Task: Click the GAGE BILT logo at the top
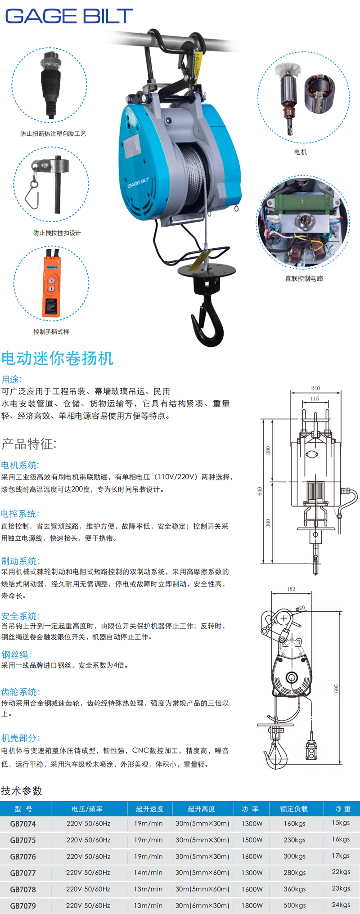pyautogui.click(x=69, y=16)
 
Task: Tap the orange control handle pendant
pyautogui.click(x=51, y=283)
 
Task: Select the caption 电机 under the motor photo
pyautogui.click(x=300, y=152)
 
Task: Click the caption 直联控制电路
pyautogui.click(x=304, y=278)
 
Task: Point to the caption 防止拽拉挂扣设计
pyautogui.click(x=57, y=233)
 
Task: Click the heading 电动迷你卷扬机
pyautogui.click(x=57, y=358)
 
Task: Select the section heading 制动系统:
pyautogui.click(x=20, y=561)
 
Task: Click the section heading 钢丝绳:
pyautogui.click(x=16, y=654)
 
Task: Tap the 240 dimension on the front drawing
pyautogui.click(x=315, y=388)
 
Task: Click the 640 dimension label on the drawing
pyautogui.click(x=259, y=491)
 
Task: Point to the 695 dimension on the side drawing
pyautogui.click(x=336, y=689)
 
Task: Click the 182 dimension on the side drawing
pyautogui.click(x=291, y=589)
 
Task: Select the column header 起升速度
pyautogui.click(x=149, y=809)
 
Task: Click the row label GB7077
pyautogui.click(x=23, y=873)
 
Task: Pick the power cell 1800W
pyautogui.click(x=252, y=905)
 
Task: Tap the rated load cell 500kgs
pyautogui.click(x=294, y=905)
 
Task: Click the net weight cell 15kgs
pyautogui.click(x=341, y=822)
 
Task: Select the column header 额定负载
pyautogui.click(x=294, y=809)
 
